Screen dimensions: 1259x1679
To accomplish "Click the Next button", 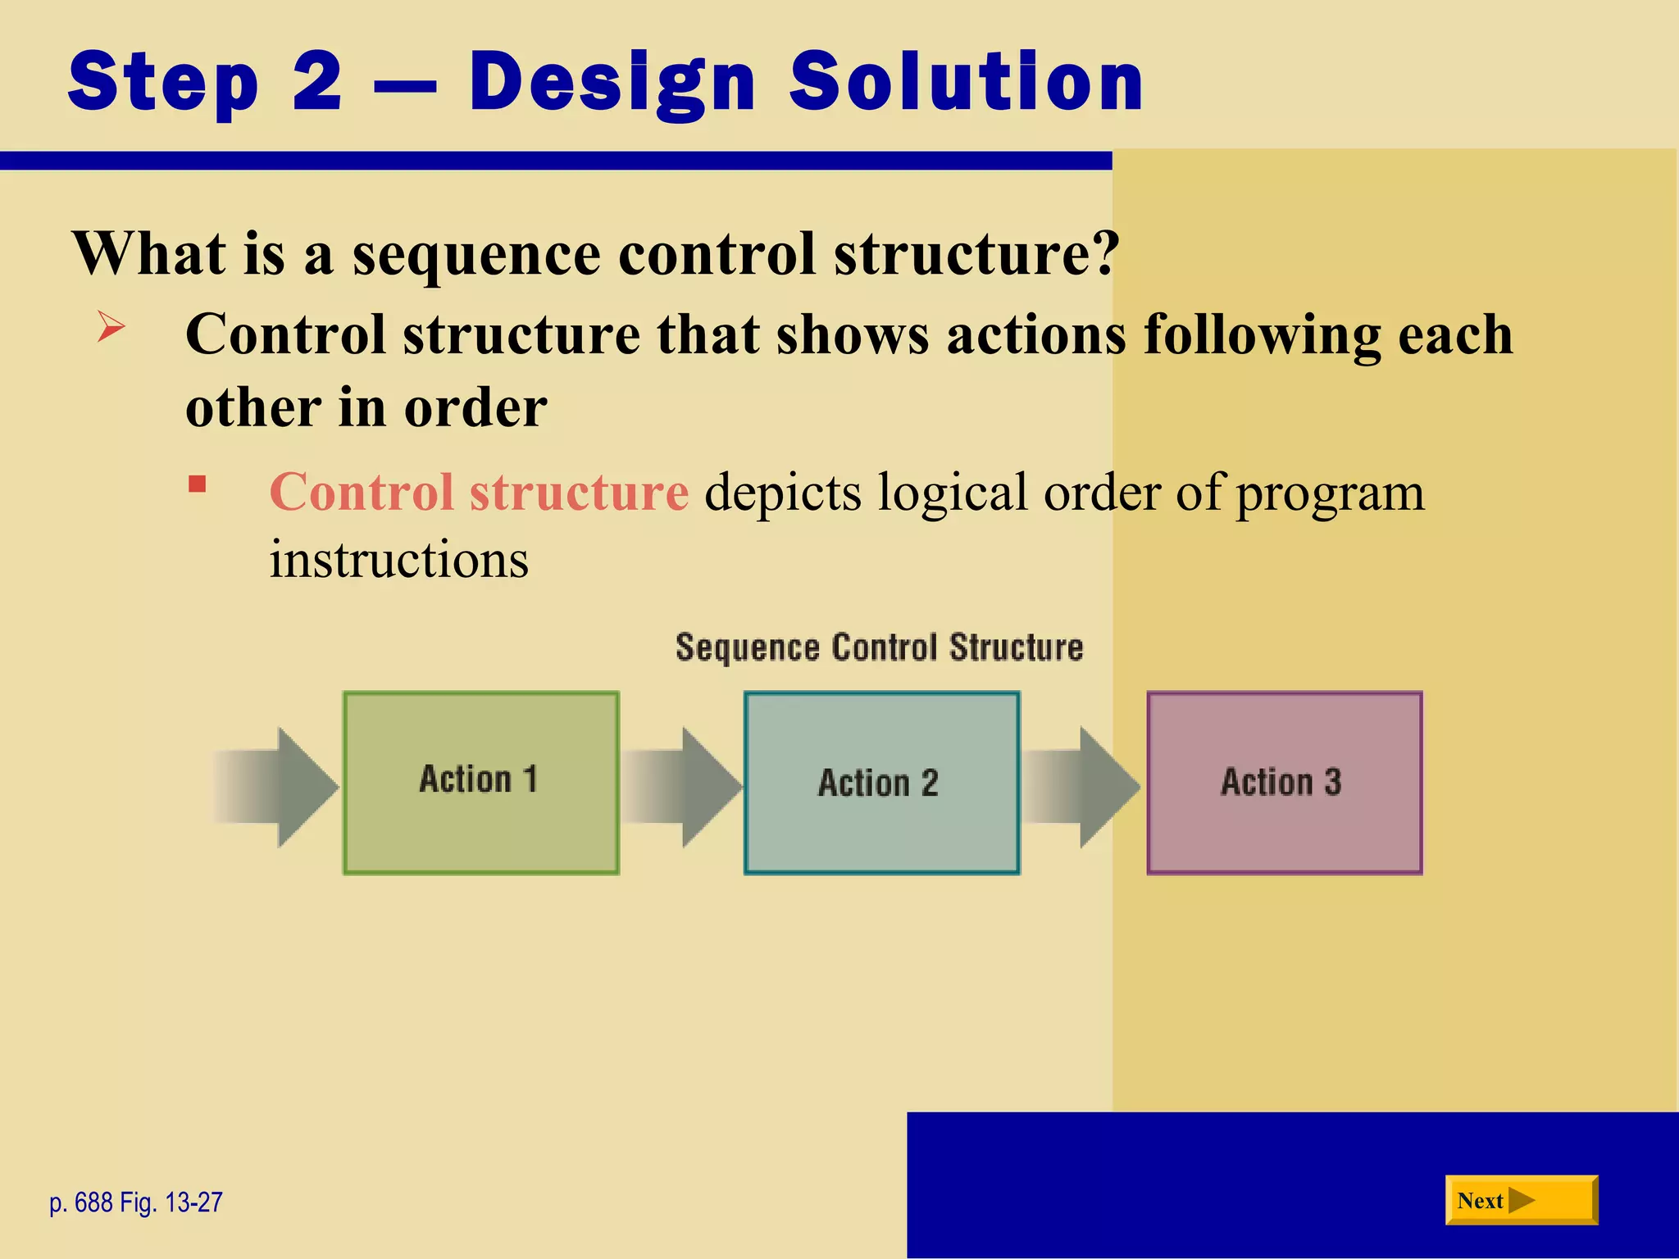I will (x=1521, y=1200).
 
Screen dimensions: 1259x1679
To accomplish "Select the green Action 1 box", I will (x=480, y=783).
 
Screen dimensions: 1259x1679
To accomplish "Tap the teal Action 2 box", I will (x=881, y=783).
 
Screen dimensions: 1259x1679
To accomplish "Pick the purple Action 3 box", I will (x=1284, y=783).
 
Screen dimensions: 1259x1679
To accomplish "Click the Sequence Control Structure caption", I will (x=879, y=648).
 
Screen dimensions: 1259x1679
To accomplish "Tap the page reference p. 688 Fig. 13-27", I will (x=136, y=1202).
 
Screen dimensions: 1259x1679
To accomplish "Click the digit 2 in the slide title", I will (x=316, y=82).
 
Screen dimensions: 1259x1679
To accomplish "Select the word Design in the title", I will (x=612, y=82).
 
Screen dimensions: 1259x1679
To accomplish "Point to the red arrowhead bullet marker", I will (x=111, y=327).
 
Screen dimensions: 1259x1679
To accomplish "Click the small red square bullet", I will (x=197, y=484).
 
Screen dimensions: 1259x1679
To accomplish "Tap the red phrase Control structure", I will (x=479, y=492).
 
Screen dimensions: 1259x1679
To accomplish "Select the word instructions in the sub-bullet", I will (x=399, y=560).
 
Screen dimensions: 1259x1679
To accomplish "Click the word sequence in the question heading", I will (x=476, y=254).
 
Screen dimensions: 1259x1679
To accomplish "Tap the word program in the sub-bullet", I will (x=1330, y=493).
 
